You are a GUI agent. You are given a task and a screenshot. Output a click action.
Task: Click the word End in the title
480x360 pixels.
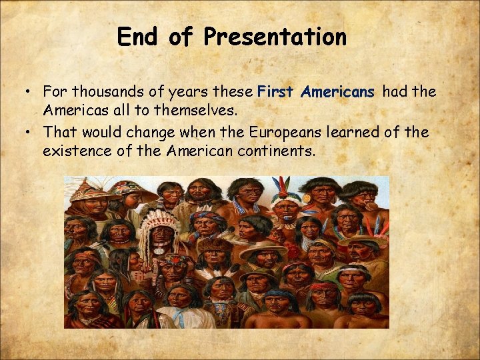pyautogui.click(x=139, y=37)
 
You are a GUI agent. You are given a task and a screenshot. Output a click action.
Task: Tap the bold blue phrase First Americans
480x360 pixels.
pyautogui.click(x=316, y=92)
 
